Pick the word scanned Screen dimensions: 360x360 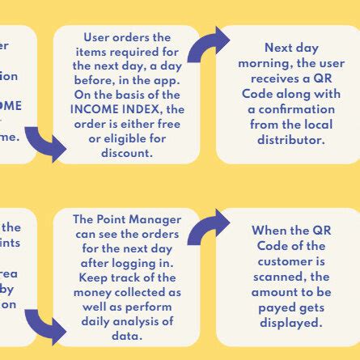click(x=288, y=277)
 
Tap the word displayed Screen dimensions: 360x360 click(x=288, y=323)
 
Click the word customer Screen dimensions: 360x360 click(x=288, y=261)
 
